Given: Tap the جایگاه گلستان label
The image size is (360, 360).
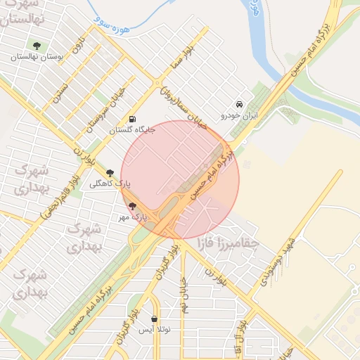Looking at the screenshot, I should (131, 129).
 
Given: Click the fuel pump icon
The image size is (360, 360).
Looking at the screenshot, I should (133, 119).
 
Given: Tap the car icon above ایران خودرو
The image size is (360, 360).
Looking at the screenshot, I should (240, 105).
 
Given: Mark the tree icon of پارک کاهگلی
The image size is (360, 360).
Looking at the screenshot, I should (109, 173).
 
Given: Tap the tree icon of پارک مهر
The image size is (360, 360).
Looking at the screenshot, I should (132, 206).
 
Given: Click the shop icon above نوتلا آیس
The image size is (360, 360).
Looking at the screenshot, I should (154, 319).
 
